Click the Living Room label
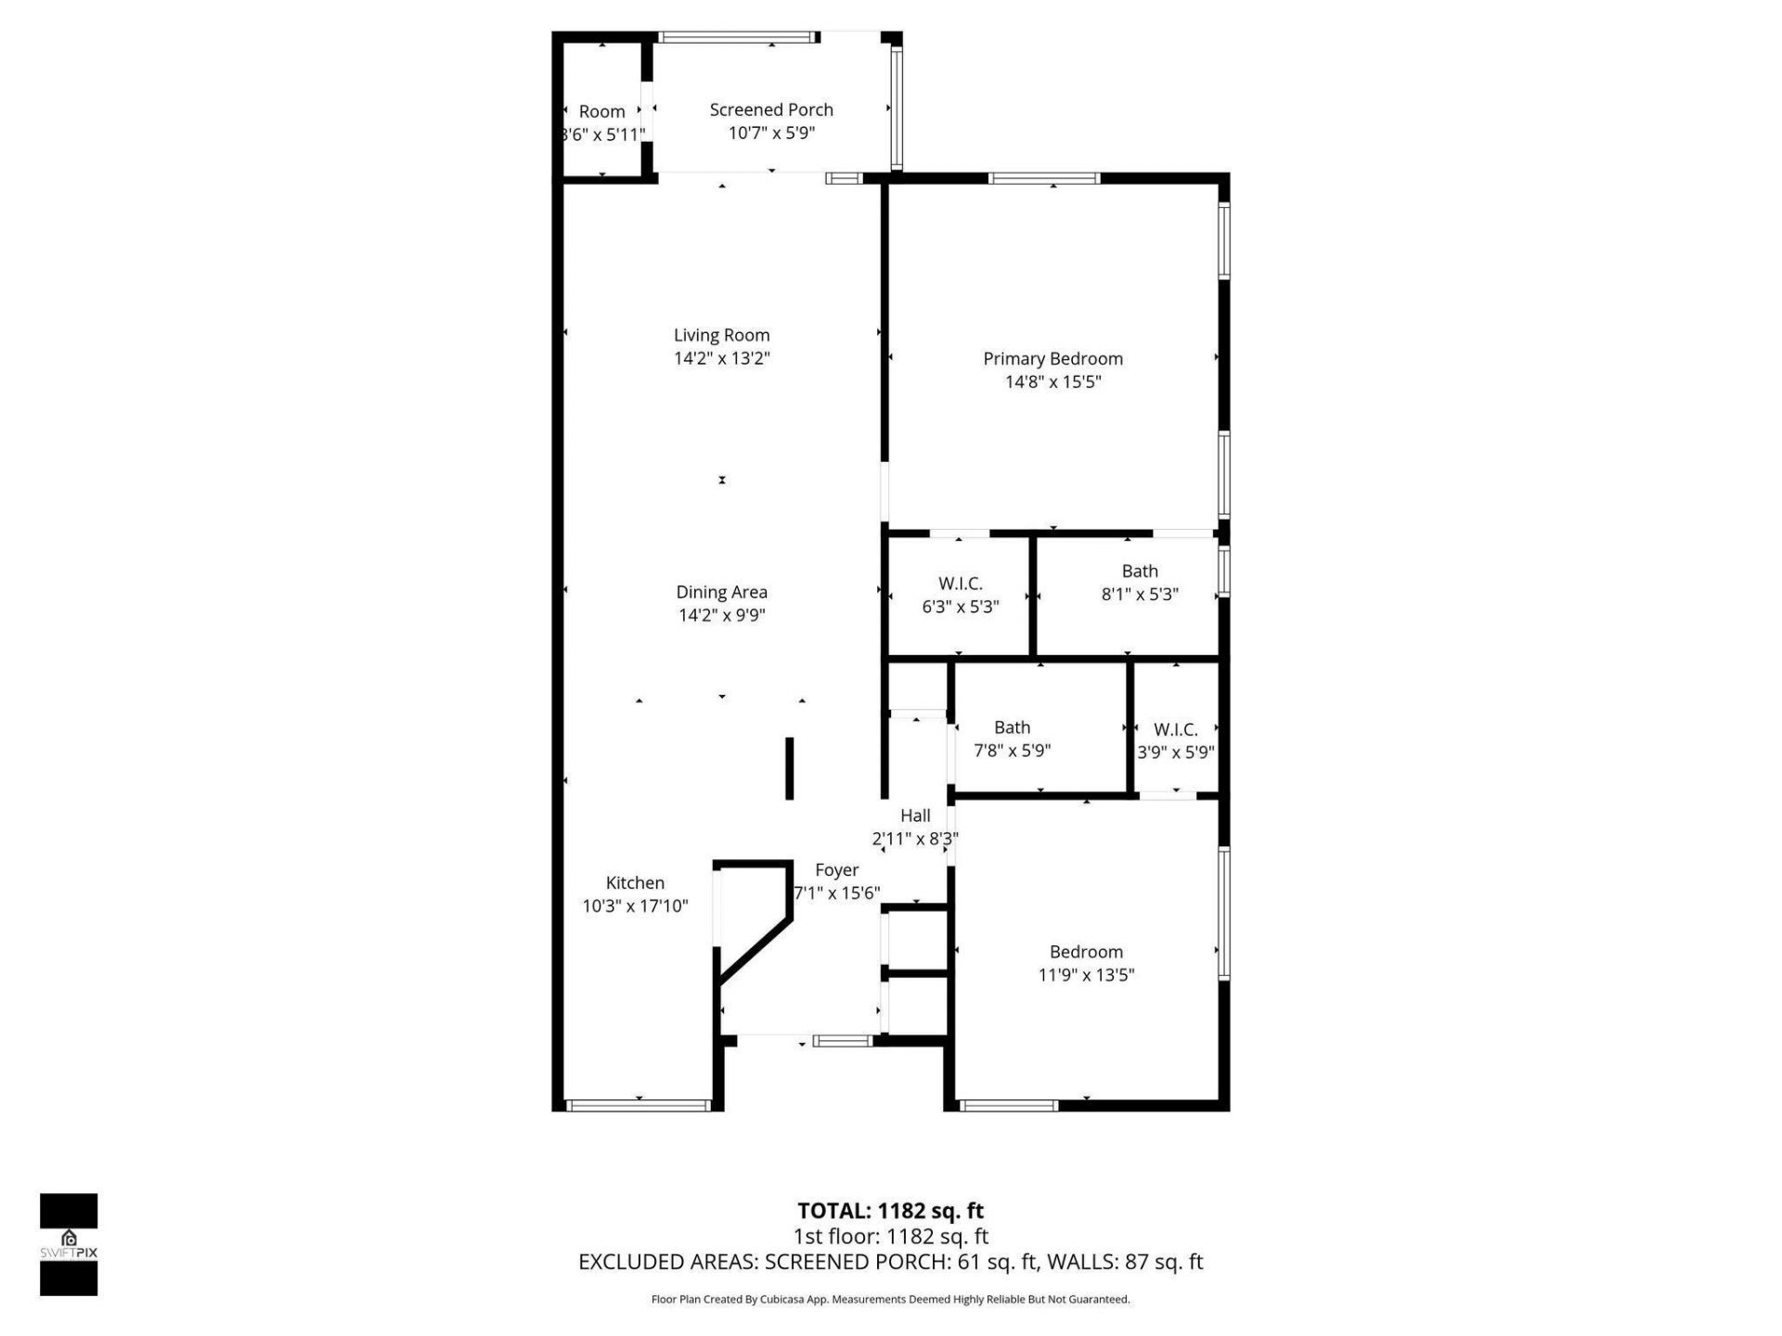pyautogui.click(x=721, y=335)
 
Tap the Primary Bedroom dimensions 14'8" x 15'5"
pyautogui.click(x=1052, y=381)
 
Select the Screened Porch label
pyautogui.click(x=770, y=109)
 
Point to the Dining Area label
pyautogui.click(x=721, y=592)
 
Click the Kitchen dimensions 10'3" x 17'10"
pyautogui.click(x=635, y=906)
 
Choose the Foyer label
pyautogui.click(x=836, y=870)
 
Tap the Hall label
pyautogui.click(x=915, y=816)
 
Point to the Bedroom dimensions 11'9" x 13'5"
pyautogui.click(x=1086, y=974)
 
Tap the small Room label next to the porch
pyautogui.click(x=601, y=111)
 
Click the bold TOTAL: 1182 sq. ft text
pyautogui.click(x=890, y=1211)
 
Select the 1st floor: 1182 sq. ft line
pyautogui.click(x=890, y=1236)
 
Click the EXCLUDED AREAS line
pyautogui.click(x=890, y=1262)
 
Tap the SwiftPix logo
pyautogui.click(x=69, y=1243)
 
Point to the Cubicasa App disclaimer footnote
pyautogui.click(x=890, y=1300)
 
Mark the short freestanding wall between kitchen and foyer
pyautogui.click(x=790, y=768)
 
